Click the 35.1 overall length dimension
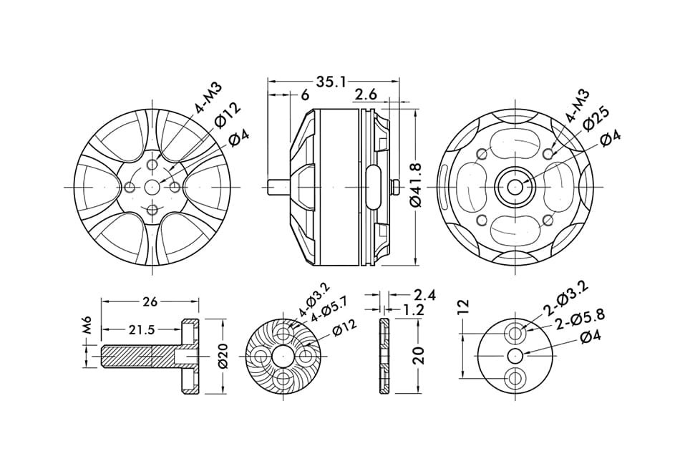click(331, 81)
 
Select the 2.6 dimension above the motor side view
click(366, 94)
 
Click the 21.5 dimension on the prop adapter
click(141, 330)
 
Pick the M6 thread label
click(89, 325)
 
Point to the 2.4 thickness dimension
click(424, 295)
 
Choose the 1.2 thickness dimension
click(413, 309)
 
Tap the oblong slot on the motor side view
click(373, 186)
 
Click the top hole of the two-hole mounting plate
click(515, 334)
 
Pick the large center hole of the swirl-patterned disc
click(282, 357)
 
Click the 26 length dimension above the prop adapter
click(150, 302)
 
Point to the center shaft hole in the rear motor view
click(515, 187)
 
